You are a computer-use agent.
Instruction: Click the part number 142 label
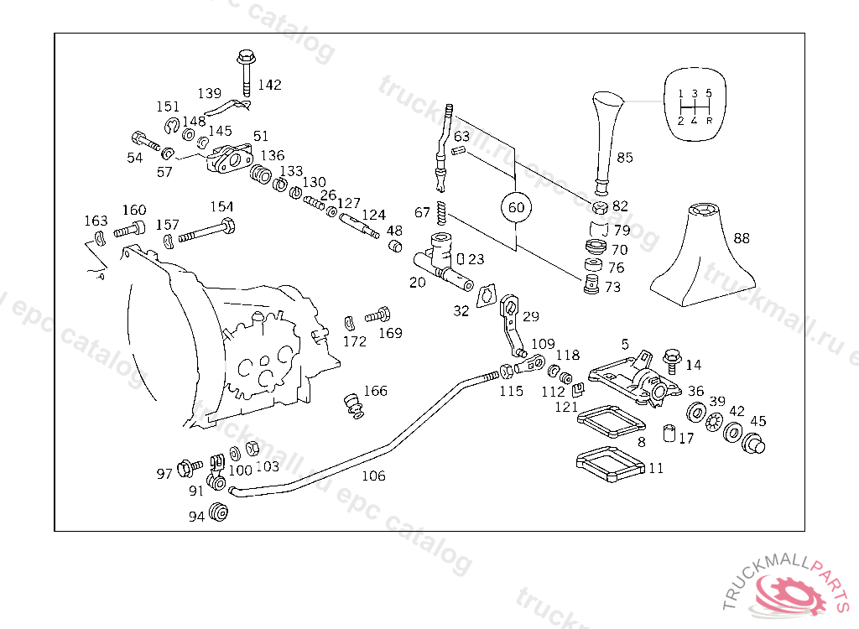[x=270, y=85]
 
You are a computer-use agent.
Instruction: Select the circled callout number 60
[x=516, y=207]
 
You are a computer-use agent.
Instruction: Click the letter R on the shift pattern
[x=710, y=121]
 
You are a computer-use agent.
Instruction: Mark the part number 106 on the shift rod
[x=373, y=476]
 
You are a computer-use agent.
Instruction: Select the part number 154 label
[x=221, y=207]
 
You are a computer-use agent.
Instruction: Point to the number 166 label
[x=375, y=391]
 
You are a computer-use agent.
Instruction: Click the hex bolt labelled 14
[x=672, y=358]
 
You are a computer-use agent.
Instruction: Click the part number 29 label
[x=531, y=316]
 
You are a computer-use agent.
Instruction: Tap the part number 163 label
[x=96, y=221]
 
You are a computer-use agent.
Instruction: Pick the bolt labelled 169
[x=379, y=315]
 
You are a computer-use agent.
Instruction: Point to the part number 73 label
[x=612, y=287]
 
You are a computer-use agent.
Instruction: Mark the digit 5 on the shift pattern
[x=709, y=92]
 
